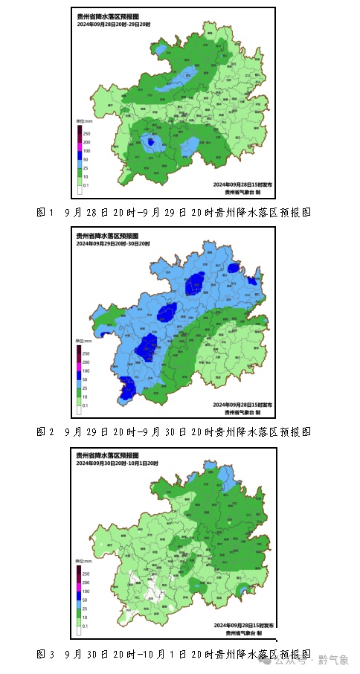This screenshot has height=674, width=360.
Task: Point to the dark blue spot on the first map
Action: [152, 141]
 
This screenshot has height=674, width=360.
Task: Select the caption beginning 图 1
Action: [173, 212]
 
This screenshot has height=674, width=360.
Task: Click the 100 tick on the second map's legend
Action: [86, 370]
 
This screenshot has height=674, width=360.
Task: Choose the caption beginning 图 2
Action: [173, 431]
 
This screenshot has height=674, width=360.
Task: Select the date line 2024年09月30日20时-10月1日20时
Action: [120, 463]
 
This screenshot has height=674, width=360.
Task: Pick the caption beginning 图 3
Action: [173, 654]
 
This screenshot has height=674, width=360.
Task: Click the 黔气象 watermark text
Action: [333, 660]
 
